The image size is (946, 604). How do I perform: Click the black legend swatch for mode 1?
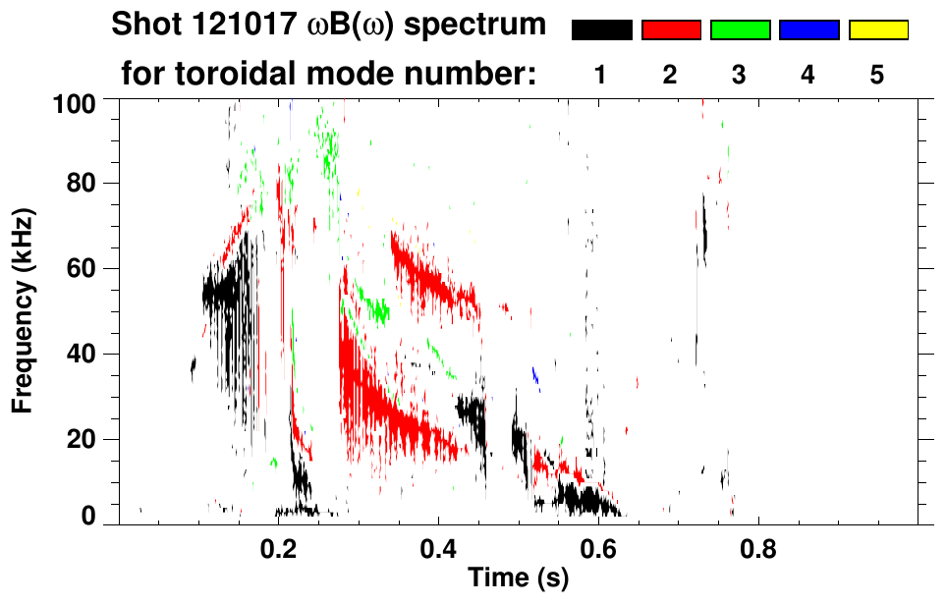601,30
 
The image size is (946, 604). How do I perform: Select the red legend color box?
671,30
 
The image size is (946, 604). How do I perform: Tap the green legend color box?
740,30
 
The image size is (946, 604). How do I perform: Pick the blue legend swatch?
808,30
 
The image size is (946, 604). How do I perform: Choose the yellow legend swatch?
878,30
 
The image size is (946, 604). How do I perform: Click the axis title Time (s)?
519,579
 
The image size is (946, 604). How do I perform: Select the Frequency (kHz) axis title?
24,310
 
